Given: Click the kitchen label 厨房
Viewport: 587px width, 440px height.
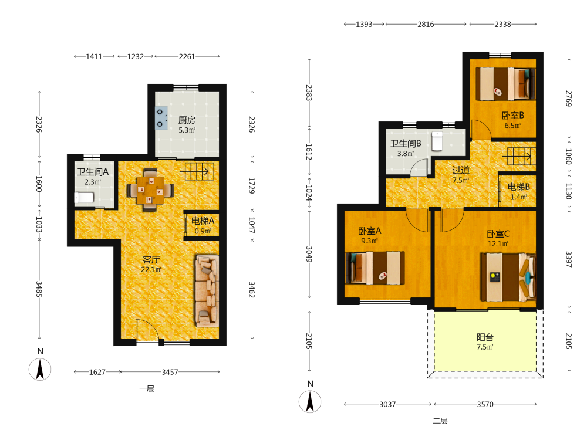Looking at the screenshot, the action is [187, 120].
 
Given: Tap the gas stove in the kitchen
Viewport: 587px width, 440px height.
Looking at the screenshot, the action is [161, 118].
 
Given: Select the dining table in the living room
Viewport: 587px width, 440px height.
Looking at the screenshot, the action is [150, 190].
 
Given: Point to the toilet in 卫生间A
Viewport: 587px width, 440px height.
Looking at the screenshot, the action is [84, 198].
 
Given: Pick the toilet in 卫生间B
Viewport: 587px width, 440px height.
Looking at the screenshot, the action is [437, 141].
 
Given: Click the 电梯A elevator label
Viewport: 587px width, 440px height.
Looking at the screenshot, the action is [203, 221].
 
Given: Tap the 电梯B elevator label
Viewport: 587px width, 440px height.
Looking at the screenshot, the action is [519, 187].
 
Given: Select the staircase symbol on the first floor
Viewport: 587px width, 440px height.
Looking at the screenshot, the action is [197, 171].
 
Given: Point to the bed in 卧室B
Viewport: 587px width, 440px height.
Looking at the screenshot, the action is [505, 84].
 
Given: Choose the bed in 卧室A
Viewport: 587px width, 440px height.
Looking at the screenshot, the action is [375, 268].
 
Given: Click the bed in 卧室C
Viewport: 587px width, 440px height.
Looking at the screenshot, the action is [508, 277].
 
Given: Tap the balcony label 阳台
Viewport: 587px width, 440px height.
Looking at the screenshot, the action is [485, 337].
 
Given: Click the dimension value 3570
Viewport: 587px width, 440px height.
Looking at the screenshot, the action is [485, 404].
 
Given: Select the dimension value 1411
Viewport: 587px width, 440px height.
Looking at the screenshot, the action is [94, 56].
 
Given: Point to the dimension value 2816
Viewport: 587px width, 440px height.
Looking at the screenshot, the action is [426, 24].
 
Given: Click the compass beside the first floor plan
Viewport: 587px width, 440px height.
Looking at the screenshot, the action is [40, 369].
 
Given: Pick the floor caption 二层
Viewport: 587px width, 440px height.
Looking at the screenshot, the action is [440, 421].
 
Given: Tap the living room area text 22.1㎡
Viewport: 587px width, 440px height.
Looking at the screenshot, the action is [151, 269].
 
